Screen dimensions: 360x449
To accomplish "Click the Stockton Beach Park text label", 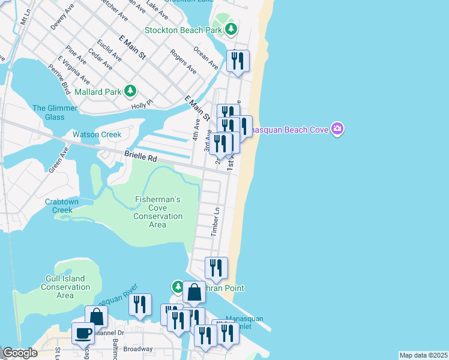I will pos(183,29).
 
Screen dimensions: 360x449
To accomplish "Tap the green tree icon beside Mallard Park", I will pos(130,91).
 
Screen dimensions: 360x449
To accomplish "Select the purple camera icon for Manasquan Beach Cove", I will pos(338,129).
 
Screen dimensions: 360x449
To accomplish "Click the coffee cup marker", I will pos(83,333).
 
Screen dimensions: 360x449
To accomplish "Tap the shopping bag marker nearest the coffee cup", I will pos(96,317).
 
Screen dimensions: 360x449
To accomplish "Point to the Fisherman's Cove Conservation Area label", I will pos(157,212).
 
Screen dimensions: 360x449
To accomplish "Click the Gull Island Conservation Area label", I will pos(65,287).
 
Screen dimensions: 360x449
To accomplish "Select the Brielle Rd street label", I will pos(140,155).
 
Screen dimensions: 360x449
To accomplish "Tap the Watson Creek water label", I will pos(97,134).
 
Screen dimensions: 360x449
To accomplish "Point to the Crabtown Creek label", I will pos(62,206).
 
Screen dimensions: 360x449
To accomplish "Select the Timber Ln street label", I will pos(217,221).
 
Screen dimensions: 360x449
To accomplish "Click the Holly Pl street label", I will pos(142,106).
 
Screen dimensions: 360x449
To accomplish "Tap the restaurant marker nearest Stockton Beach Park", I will pos(238,61).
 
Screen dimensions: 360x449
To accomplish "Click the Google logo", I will pos(20,353).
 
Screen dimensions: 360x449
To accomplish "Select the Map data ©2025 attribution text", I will pos(423,355).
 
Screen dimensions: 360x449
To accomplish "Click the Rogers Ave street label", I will pos(183,61).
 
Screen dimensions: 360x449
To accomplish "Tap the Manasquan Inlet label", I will pos(244,322).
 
